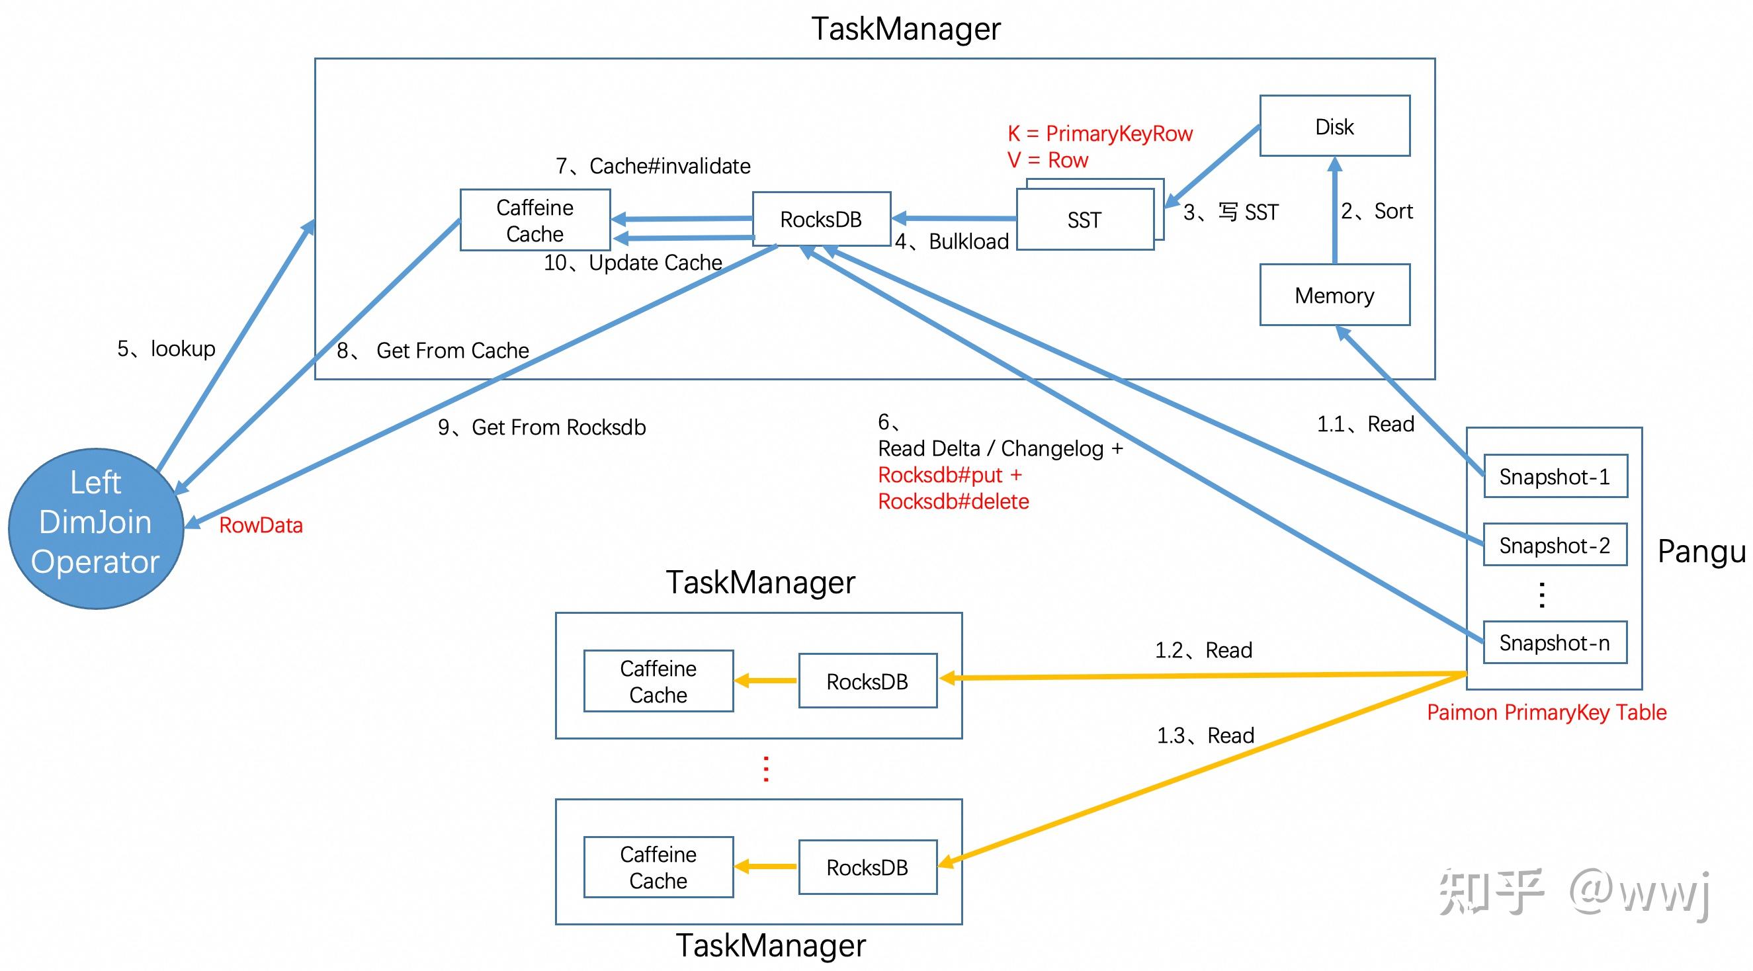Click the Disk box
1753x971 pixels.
[1334, 126]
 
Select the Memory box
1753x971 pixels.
[1334, 294]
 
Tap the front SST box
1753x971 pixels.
[1084, 220]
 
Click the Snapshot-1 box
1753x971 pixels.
[1555, 476]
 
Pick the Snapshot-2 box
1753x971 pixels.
[1555, 545]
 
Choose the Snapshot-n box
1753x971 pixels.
[1555, 642]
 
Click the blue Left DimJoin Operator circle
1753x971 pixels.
[96, 528]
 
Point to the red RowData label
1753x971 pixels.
[261, 525]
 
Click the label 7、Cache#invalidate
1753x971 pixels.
[653, 166]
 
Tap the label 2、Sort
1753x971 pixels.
[1376, 211]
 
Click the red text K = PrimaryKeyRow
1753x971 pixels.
[1099, 134]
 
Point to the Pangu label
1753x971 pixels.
[1701, 551]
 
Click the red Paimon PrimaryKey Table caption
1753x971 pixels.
[1546, 712]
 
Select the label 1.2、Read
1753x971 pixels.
[1203, 650]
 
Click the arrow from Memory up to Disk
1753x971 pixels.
[1334, 211]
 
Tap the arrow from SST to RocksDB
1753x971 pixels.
[953, 218]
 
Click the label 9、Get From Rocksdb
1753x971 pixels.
[542, 427]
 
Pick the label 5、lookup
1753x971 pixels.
[166, 349]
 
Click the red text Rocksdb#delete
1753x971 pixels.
[953, 501]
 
